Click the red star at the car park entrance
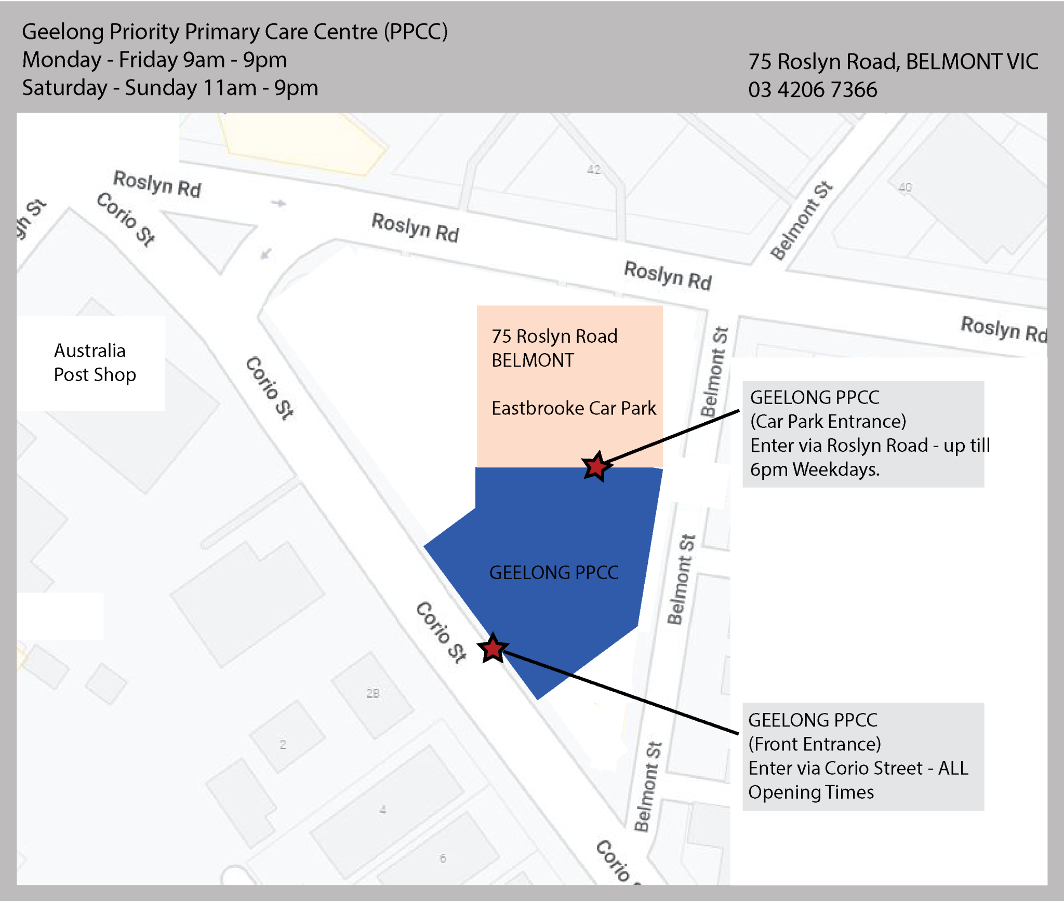596,466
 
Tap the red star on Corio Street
492,648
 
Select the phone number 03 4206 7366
813,90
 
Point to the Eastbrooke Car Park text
574,408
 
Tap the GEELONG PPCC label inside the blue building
554,572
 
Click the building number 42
594,170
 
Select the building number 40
905,187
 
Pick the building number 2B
373,693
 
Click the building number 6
443,858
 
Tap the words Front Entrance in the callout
815,744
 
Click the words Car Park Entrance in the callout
828,421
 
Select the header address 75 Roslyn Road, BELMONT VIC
893,62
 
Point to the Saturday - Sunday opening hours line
170,88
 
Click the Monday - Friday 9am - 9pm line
154,60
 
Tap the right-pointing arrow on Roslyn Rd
279,203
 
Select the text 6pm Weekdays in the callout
815,469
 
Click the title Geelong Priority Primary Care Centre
234,32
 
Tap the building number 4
383,809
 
